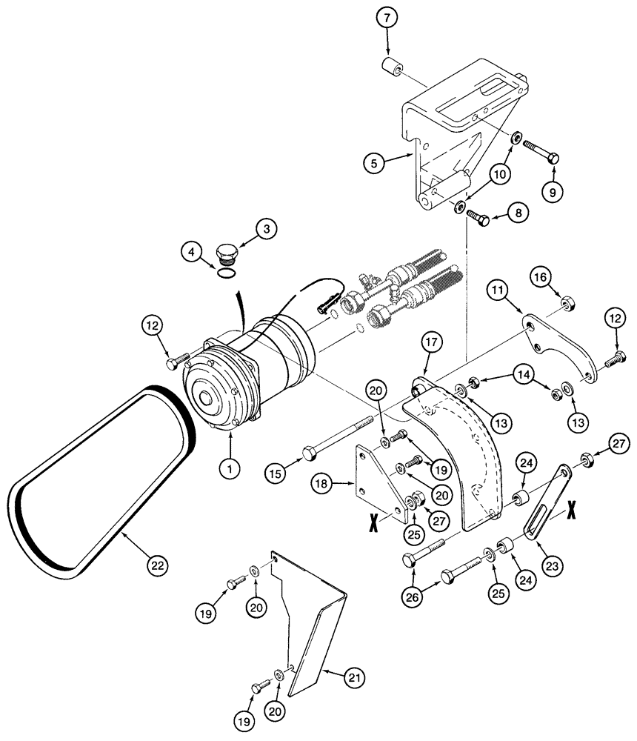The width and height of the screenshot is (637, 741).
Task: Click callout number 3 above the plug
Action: (x=267, y=229)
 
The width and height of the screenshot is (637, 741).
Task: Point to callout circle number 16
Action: (x=541, y=279)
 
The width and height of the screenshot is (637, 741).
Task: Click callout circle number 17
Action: (x=431, y=342)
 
